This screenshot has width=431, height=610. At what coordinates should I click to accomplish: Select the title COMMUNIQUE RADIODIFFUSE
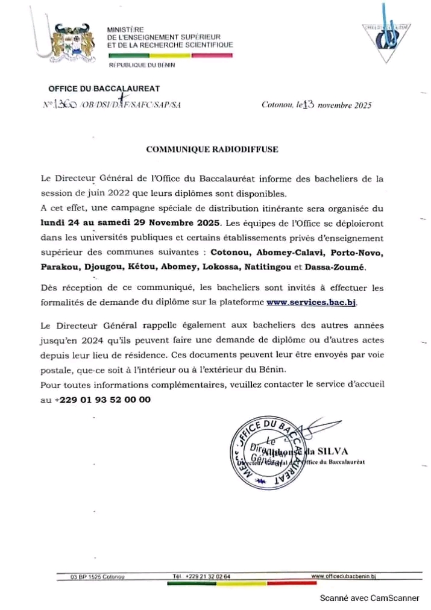[212, 149]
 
